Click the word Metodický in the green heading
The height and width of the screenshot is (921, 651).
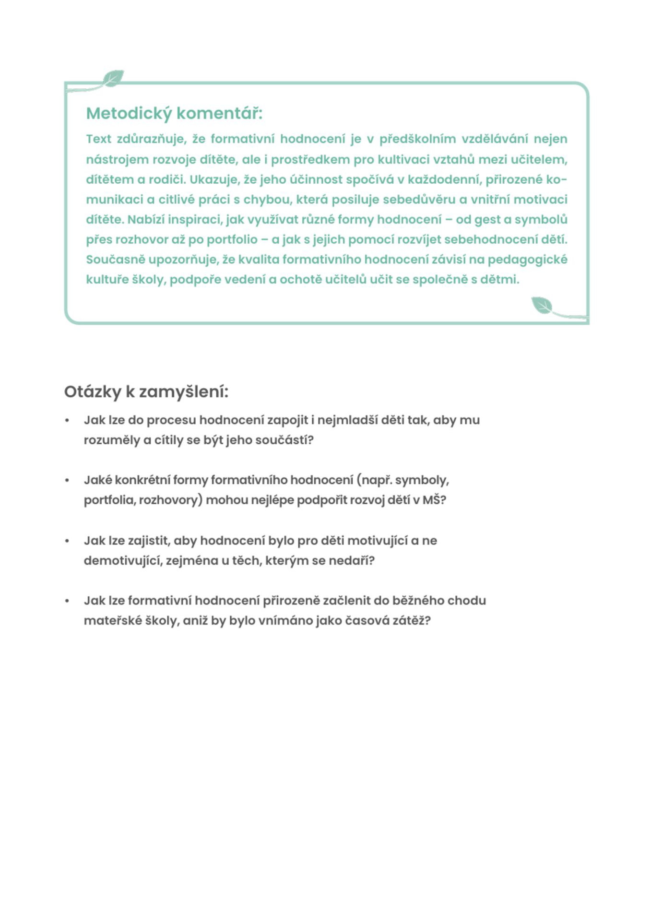129,114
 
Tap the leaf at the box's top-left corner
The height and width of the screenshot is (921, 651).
113,78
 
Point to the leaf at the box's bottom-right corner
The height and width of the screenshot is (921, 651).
542,306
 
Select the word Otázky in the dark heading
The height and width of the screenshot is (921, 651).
93,392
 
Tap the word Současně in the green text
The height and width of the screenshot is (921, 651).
115,260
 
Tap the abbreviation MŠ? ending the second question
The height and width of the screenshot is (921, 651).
434,500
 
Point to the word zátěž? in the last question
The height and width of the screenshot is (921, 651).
412,621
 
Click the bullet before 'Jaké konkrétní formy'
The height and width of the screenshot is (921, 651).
67,480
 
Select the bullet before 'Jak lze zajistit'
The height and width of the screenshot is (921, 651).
67,541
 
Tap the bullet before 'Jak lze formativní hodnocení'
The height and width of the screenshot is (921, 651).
67,601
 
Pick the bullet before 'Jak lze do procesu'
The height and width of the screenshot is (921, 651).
67,420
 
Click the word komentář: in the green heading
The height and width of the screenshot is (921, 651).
219,114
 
